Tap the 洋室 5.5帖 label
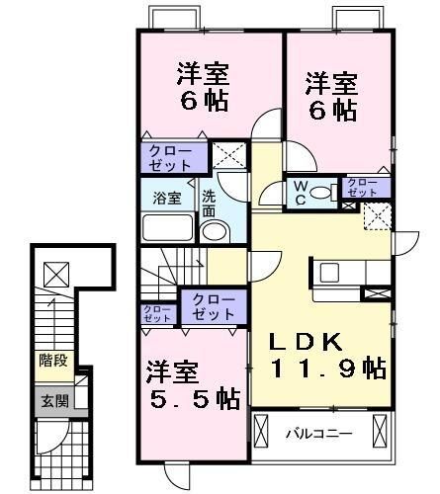193,385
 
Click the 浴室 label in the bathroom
166,198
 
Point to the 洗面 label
210,204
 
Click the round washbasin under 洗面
213,232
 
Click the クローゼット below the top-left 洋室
173,157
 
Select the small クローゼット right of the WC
361,187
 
